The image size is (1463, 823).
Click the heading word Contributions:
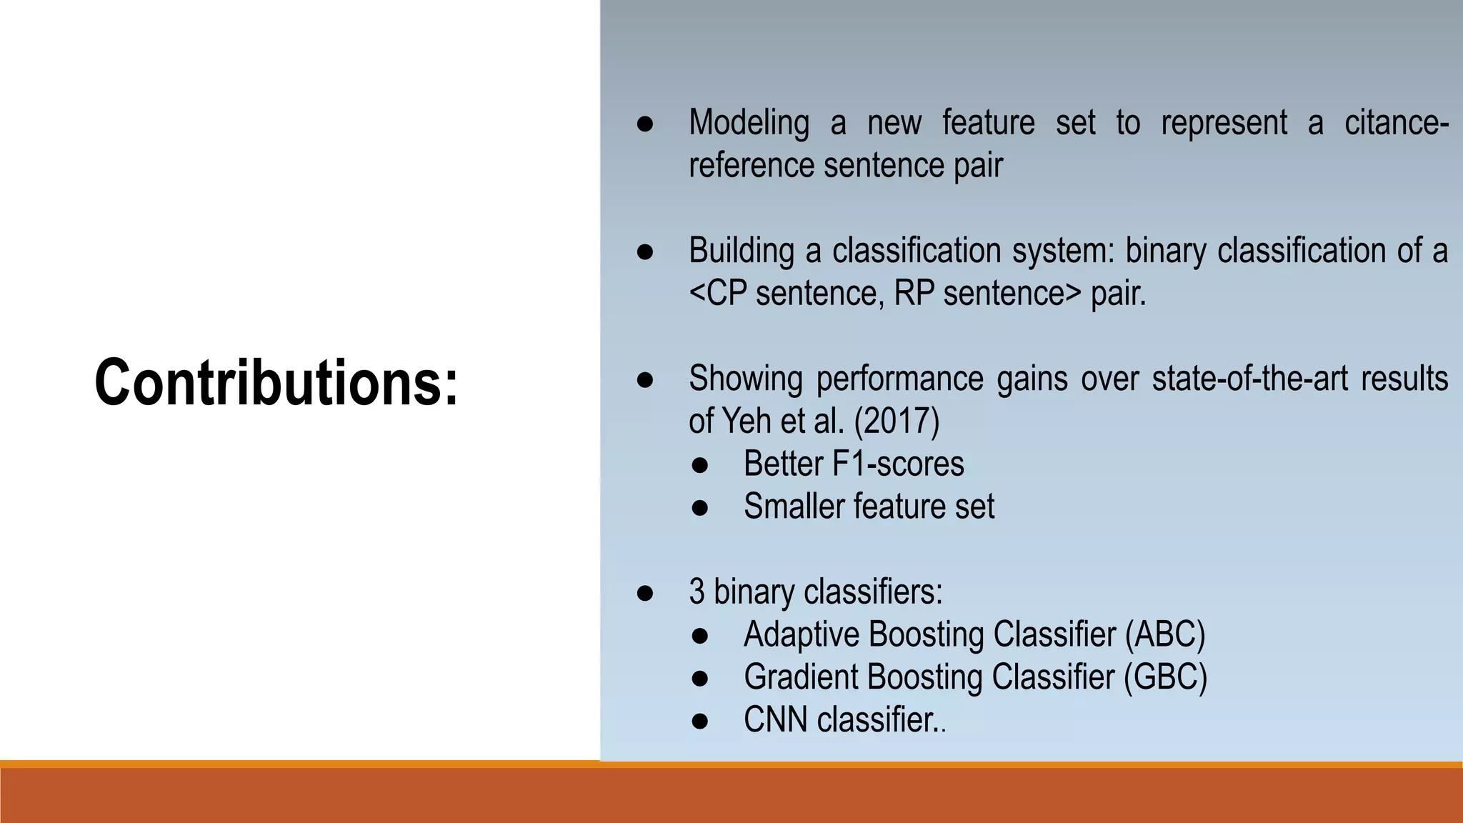(276, 384)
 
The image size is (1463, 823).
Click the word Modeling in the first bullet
(748, 123)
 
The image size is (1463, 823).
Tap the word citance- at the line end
(1396, 123)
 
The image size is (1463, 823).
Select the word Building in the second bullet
(741, 251)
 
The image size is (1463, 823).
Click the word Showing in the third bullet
(745, 379)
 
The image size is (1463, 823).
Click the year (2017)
(897, 421)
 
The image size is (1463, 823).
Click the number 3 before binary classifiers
(696, 592)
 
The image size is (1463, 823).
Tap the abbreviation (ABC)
(1164, 634)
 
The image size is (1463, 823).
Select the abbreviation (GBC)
(1164, 677)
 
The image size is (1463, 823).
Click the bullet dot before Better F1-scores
(699, 464)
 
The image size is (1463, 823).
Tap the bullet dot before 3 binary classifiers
(644, 592)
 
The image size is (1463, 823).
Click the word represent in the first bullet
(1224, 123)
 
